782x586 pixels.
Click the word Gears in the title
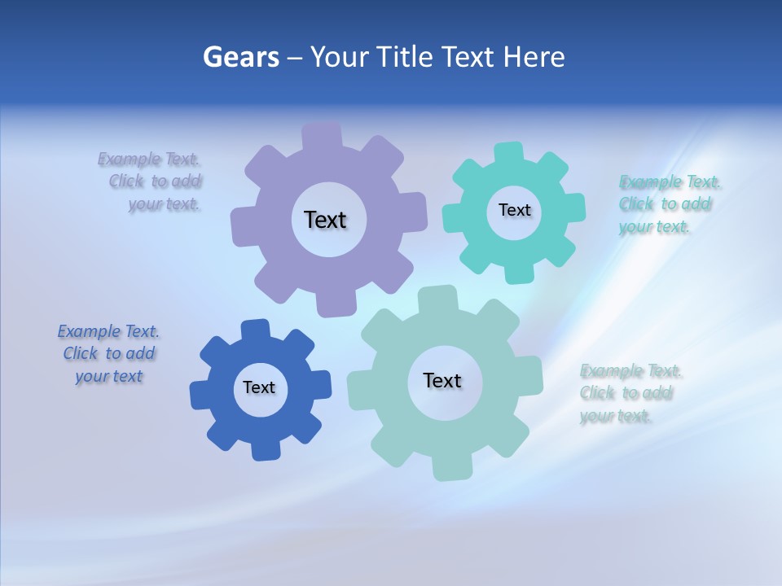[240, 57]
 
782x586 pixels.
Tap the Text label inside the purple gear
[325, 220]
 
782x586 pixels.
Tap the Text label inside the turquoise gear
[514, 210]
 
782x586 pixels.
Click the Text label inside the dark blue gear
[258, 387]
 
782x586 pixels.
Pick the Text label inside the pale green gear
[442, 380]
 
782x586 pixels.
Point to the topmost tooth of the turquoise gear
[508, 152]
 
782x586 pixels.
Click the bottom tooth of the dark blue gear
[266, 449]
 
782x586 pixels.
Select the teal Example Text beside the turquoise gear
[666, 203]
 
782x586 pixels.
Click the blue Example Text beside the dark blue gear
[108, 353]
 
